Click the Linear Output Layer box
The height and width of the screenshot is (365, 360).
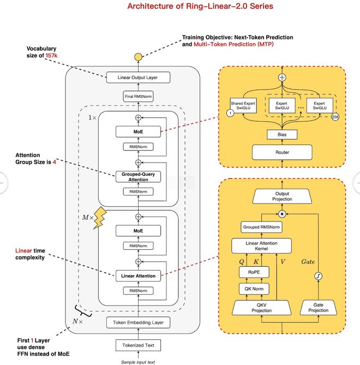tap(138, 77)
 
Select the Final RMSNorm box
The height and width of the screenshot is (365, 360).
tap(138, 97)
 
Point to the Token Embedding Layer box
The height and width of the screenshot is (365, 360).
tap(138, 322)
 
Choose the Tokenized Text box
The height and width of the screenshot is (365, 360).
tap(138, 345)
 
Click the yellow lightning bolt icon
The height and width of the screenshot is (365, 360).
tap(102, 217)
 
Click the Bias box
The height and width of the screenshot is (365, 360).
tap(281, 134)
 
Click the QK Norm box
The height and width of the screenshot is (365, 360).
tap(253, 289)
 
